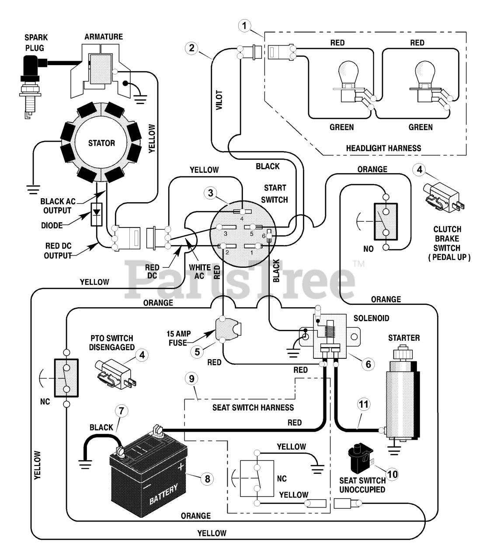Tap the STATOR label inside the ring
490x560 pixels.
101,143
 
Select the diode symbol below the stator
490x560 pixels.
96,214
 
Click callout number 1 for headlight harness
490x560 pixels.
244,26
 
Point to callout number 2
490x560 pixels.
191,48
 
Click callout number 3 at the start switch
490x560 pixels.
210,193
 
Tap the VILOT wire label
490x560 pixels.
219,100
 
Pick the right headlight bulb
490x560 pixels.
427,82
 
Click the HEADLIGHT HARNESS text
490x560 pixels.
383,148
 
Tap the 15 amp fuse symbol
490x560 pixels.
227,329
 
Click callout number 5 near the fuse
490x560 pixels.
197,352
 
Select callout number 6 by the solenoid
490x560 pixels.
368,364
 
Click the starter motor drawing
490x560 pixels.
403,394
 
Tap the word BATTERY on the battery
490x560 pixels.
163,494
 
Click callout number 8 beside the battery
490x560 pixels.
207,479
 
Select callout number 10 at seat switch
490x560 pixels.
393,474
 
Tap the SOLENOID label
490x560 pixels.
371,318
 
